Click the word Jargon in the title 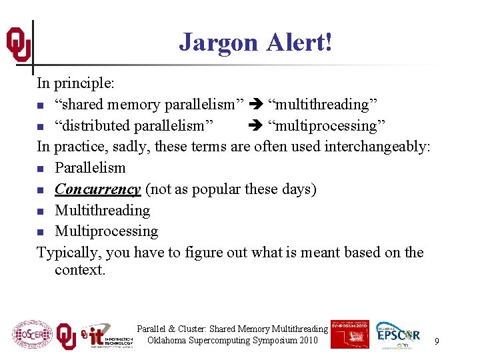(x=218, y=43)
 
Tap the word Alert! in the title (x=299, y=42)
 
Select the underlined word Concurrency (x=97, y=189)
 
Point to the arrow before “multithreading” (x=257, y=105)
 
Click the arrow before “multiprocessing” (x=257, y=126)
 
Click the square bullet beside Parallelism (x=41, y=169)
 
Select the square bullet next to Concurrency (x=41, y=190)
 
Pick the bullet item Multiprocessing (x=107, y=231)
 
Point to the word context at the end (x=79, y=270)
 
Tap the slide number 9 (x=437, y=341)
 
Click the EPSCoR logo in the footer (x=398, y=335)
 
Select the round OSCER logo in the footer (x=32, y=335)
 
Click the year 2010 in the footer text (x=308, y=341)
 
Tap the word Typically (x=67, y=253)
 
